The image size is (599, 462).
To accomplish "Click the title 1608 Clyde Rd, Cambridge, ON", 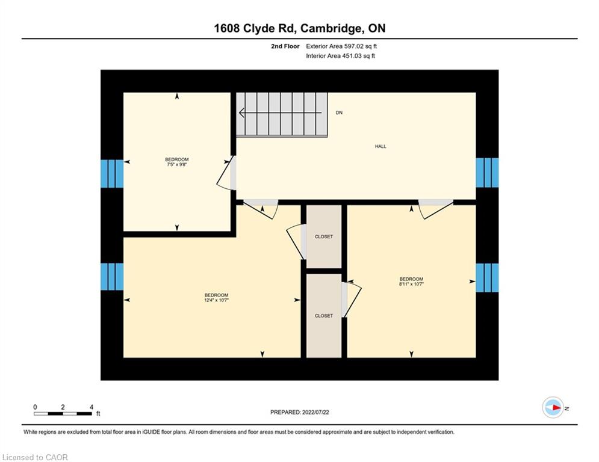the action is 300,28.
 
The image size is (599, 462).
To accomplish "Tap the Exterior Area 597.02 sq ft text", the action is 341,46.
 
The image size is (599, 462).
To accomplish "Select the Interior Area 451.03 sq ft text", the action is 340,56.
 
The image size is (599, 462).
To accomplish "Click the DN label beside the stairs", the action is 339,112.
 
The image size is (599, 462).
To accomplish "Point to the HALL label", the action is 380,146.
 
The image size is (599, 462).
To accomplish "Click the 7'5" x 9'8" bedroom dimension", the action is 177,165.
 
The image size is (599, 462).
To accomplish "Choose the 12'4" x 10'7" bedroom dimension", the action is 216,300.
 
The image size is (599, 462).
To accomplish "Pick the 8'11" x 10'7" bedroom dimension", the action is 411,284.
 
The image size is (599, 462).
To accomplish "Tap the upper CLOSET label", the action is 323,237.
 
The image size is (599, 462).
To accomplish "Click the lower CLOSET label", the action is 323,316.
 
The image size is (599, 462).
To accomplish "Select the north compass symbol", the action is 553,407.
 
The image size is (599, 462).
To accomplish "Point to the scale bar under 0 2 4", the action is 63,413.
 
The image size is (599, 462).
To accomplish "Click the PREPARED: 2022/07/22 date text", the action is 300,412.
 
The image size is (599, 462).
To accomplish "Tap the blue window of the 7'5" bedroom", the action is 112,174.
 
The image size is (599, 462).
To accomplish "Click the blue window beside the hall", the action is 487,173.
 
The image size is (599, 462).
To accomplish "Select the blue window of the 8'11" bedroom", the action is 487,277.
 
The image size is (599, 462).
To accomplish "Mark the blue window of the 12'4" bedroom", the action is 112,277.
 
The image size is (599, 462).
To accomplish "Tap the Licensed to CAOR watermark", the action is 35,457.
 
